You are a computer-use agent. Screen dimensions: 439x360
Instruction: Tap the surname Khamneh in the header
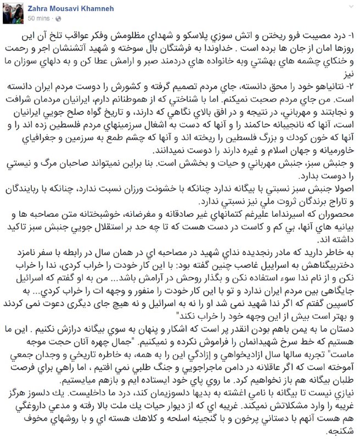103,7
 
